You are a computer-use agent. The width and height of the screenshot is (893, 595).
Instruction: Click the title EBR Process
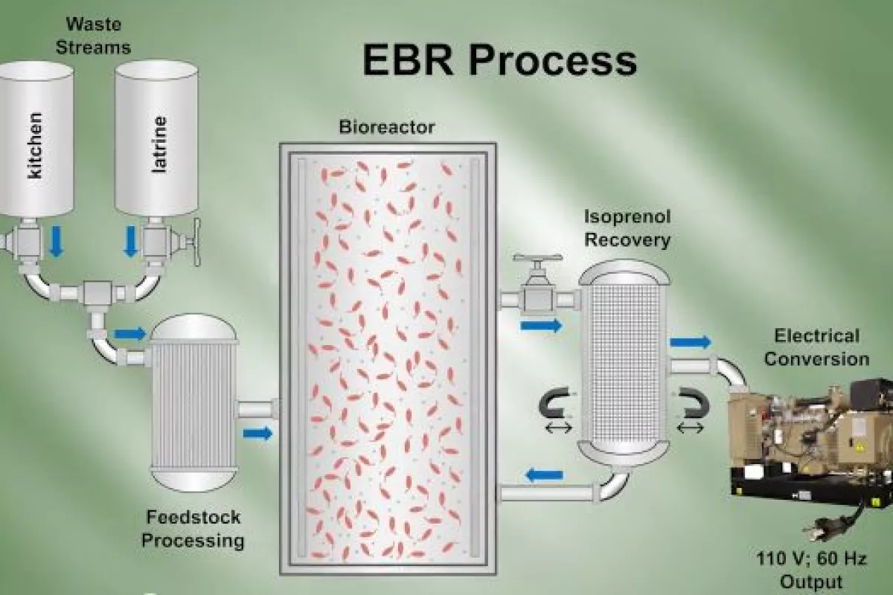click(x=499, y=60)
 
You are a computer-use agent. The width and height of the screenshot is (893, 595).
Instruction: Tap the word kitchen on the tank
click(x=34, y=146)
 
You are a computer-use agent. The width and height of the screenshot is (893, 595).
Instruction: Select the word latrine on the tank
click(x=159, y=144)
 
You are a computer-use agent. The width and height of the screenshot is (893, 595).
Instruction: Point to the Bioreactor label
click(x=386, y=126)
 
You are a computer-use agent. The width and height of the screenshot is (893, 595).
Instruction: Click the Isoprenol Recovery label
click(x=627, y=228)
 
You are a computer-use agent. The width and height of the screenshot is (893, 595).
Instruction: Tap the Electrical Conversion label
click(x=816, y=347)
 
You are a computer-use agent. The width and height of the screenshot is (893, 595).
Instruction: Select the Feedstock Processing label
click(x=193, y=528)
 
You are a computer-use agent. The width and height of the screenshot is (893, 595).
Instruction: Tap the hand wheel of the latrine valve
click(x=197, y=242)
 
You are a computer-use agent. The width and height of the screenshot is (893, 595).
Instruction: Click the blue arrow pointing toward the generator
click(x=690, y=342)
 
